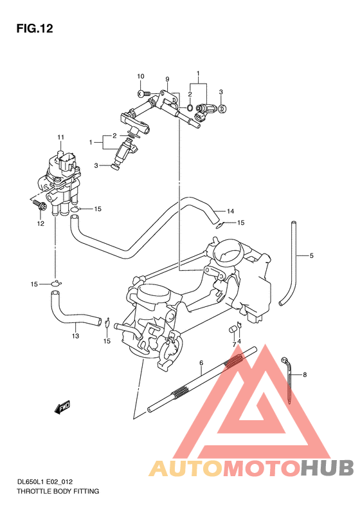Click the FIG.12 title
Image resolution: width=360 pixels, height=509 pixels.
[34, 28]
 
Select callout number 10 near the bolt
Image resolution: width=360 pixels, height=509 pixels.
[140, 77]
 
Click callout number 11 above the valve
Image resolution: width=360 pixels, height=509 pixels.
[60, 138]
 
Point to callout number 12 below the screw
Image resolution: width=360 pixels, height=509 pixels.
[40, 224]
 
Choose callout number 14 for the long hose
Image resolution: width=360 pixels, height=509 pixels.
[230, 211]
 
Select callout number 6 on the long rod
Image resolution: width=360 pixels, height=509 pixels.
[201, 364]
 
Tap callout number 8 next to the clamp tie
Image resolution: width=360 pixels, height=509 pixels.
[305, 375]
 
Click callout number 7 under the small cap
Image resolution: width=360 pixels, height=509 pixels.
[234, 344]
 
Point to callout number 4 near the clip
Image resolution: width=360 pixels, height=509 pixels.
[240, 342]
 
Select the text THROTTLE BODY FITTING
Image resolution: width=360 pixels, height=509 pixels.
[58, 491]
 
